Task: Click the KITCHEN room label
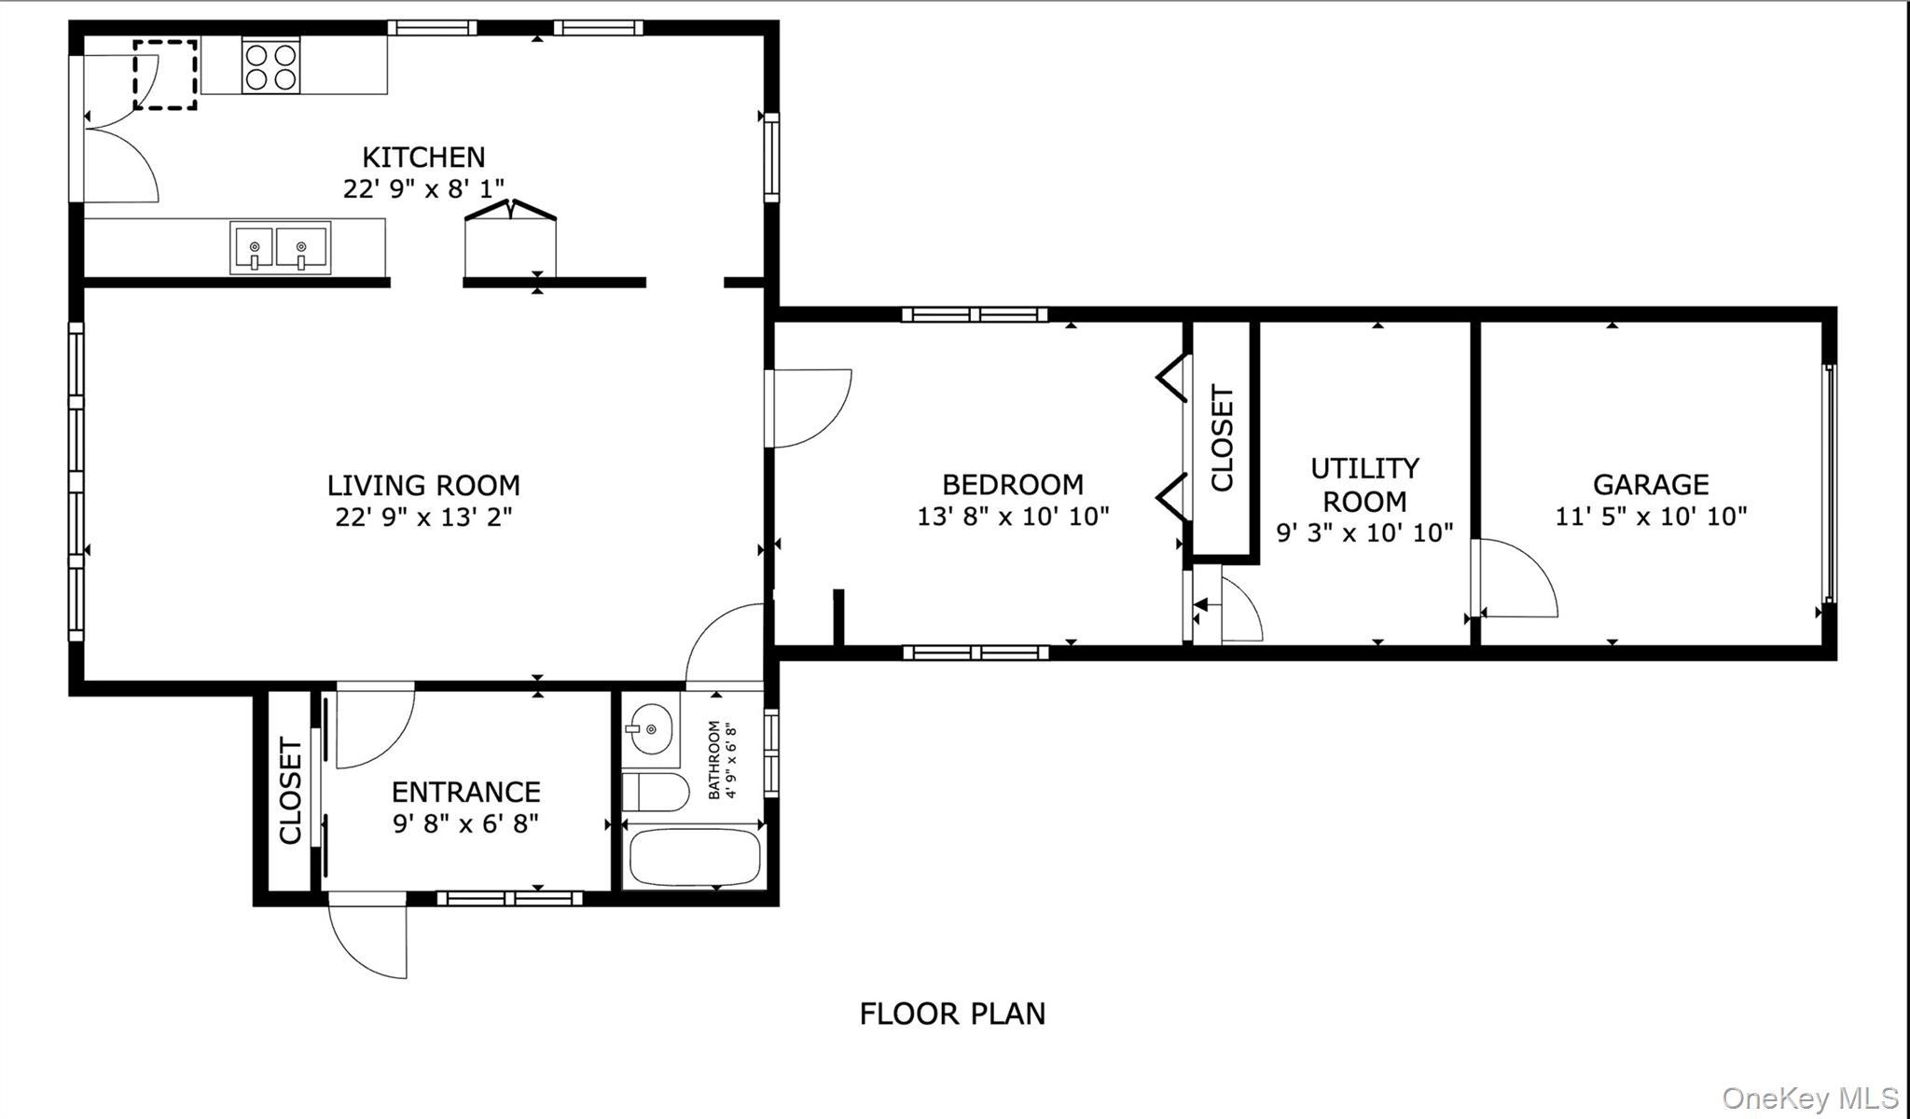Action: tap(423, 157)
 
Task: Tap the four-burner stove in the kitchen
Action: tap(271, 66)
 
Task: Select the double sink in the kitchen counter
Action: tap(280, 248)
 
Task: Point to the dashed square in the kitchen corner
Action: tap(165, 75)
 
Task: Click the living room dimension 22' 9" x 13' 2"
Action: tap(423, 517)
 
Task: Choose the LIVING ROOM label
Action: tap(423, 485)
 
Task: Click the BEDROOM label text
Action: tap(1013, 484)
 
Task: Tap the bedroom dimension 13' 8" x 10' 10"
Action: tap(1013, 516)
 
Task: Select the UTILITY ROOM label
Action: tap(1364, 484)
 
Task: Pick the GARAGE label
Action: tap(1651, 484)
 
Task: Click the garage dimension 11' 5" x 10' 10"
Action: tap(1651, 516)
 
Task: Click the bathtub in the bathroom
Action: tap(695, 857)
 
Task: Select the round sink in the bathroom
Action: tap(650, 728)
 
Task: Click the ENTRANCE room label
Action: tap(465, 792)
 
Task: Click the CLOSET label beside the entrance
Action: tap(290, 791)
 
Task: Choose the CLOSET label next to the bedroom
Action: tap(1222, 437)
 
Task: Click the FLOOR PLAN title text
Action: tap(952, 1014)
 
